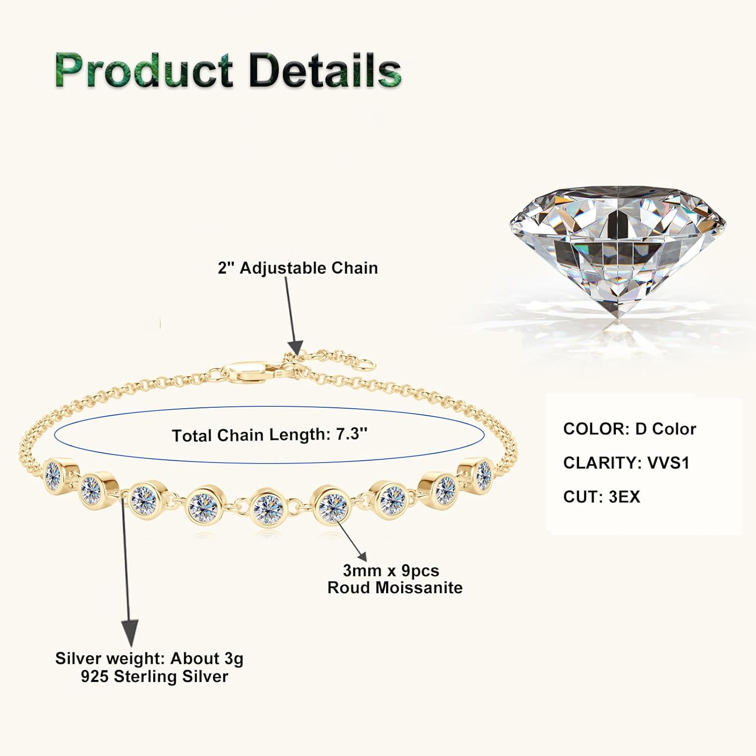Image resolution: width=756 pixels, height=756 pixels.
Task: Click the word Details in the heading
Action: [x=325, y=71]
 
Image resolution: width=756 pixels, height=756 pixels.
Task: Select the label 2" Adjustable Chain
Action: [x=298, y=268]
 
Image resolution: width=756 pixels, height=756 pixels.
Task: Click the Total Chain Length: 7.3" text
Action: [x=270, y=434]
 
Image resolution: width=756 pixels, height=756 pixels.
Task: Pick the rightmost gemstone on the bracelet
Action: [x=482, y=474]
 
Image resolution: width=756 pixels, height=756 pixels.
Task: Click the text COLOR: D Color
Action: [x=629, y=429]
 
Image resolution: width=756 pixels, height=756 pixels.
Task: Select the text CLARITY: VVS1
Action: [x=626, y=463]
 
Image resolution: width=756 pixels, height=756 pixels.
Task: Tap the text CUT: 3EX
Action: [x=601, y=497]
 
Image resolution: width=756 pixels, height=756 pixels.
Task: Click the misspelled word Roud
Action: [x=348, y=588]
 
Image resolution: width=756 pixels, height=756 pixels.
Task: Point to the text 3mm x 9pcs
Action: [x=391, y=571]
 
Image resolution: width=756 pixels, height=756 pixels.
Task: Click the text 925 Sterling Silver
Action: [x=154, y=676]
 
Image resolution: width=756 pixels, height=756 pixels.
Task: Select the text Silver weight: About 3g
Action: [x=149, y=659]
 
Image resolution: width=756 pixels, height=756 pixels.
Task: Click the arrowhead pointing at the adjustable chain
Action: [x=295, y=348]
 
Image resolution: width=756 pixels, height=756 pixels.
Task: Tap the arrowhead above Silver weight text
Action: [x=130, y=631]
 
